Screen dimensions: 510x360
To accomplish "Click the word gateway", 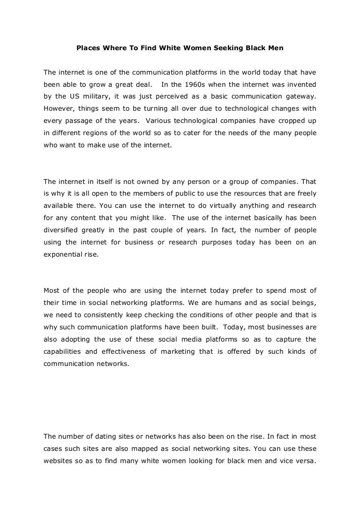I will tap(301, 96).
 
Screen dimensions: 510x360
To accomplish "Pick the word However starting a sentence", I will tap(59, 108).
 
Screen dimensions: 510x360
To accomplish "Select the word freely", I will tap(305, 194).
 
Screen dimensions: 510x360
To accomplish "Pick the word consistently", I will tap(94, 315).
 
